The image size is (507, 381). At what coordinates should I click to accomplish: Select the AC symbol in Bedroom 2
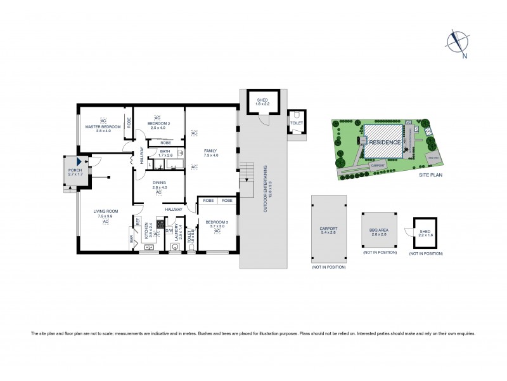coord(157,118)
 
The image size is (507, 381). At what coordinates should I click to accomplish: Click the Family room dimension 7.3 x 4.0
coord(210,155)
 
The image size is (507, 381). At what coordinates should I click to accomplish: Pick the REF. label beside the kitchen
coord(137,222)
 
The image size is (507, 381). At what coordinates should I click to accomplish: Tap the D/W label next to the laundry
coord(167,232)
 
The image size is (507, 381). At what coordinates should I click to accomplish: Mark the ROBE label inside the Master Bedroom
coord(129,121)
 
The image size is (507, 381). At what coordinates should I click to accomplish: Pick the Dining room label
coord(158,185)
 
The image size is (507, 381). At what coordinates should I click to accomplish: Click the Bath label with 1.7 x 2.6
coord(165,153)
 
